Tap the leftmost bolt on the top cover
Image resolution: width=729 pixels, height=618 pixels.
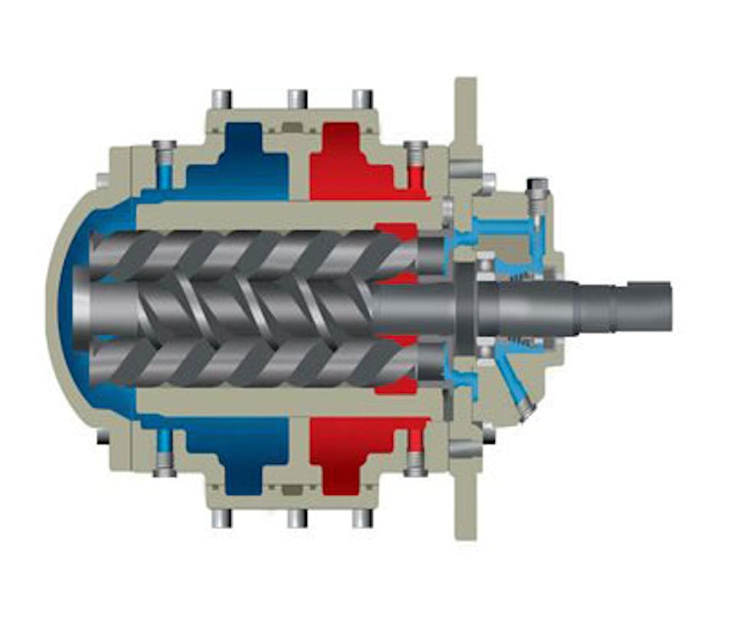tap(222, 99)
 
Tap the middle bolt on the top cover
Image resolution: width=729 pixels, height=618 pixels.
tap(297, 99)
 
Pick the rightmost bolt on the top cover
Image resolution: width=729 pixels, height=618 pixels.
tap(362, 99)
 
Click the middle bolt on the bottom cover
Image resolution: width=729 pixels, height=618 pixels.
tap(297, 518)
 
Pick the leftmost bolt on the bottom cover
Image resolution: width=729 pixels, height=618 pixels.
tap(222, 518)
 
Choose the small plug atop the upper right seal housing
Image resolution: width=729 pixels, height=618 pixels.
tap(538, 187)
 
